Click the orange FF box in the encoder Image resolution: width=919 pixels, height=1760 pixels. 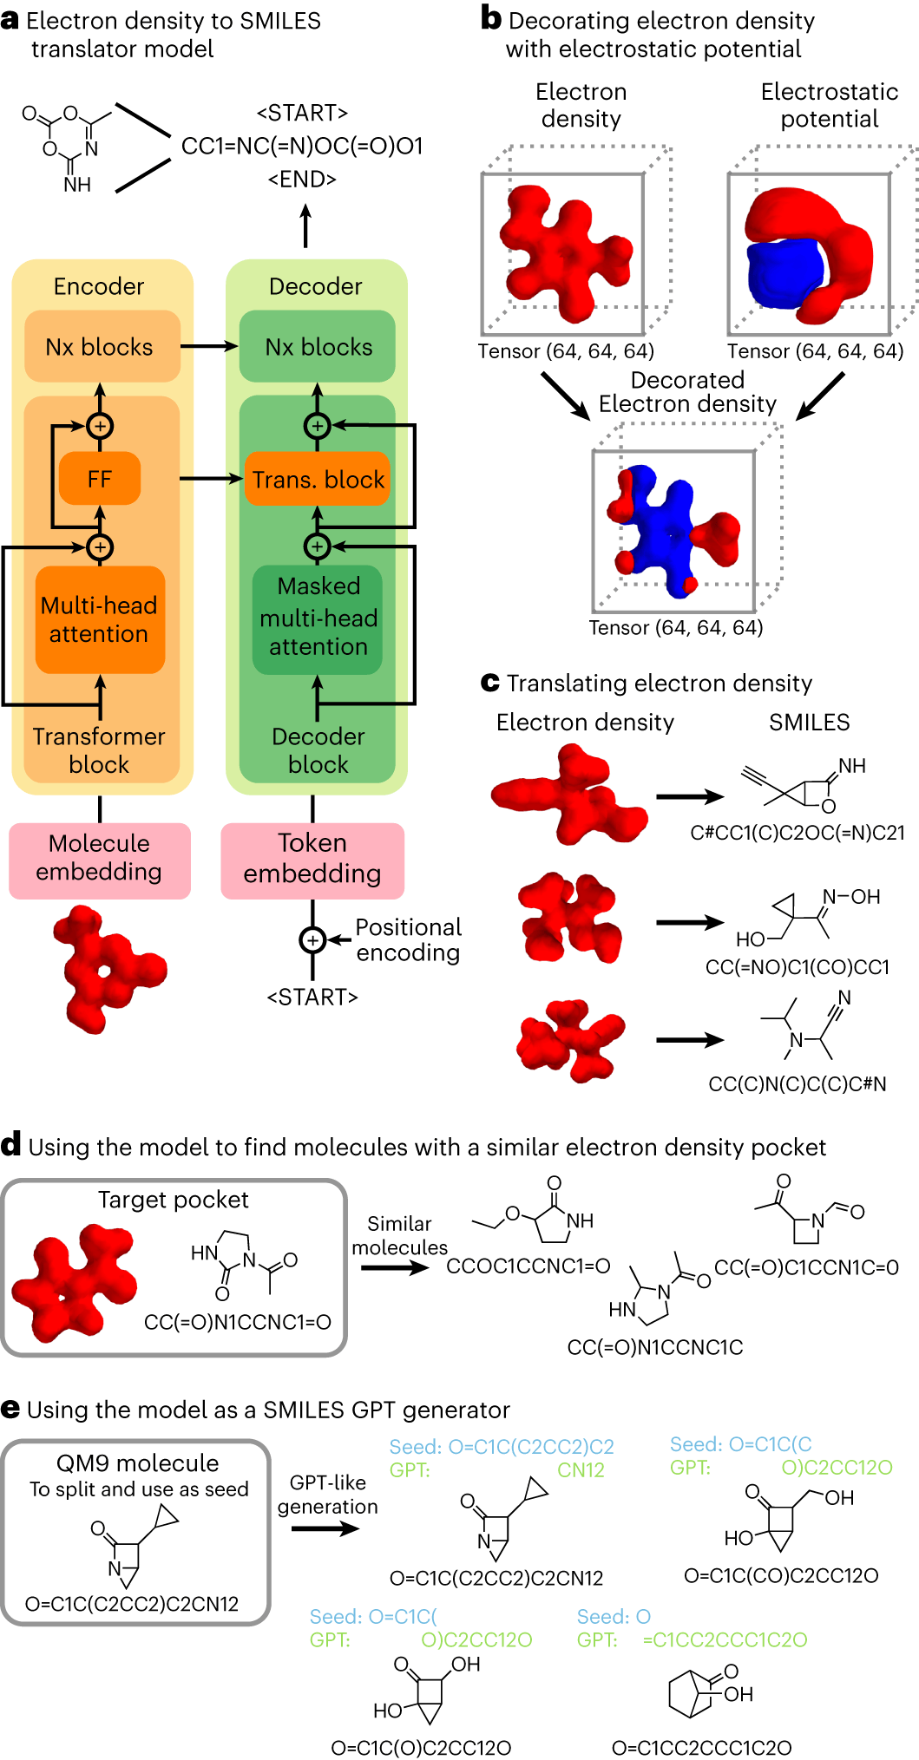pyautogui.click(x=100, y=478)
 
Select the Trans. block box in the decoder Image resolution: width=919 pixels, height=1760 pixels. pyautogui.click(x=318, y=479)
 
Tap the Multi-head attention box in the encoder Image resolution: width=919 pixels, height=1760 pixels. pyautogui.click(x=100, y=619)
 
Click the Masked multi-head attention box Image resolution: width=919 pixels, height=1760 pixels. pyautogui.click(x=318, y=617)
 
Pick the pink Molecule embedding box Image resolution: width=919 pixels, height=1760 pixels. pyautogui.click(x=100, y=858)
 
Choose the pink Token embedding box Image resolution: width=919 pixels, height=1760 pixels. pyautogui.click(x=312, y=858)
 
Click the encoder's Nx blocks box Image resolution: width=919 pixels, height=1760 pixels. pyautogui.click(x=100, y=347)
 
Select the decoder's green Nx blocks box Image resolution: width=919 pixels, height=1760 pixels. pyautogui.click(x=318, y=347)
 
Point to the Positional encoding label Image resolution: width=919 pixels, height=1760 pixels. pyautogui.click(x=408, y=939)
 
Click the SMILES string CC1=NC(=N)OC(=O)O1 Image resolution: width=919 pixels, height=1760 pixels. pyautogui.click(x=302, y=146)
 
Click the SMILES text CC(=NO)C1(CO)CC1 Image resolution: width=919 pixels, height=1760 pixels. pyautogui.click(x=798, y=966)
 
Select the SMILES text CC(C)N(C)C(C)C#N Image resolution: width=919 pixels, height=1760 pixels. pyautogui.click(x=798, y=1083)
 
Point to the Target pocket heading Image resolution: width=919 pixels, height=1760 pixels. pyautogui.click(x=174, y=1200)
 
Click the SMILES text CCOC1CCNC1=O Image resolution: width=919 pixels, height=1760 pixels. pyautogui.click(x=528, y=1266)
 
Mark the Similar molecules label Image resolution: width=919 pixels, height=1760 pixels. pyautogui.click(x=399, y=1235)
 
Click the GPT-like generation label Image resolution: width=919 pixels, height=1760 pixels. pyautogui.click(x=328, y=1494)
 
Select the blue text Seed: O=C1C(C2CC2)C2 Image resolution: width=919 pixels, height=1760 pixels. pyautogui.click(x=502, y=1447)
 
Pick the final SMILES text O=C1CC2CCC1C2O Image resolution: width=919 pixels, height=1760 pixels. pyautogui.click(x=701, y=1748)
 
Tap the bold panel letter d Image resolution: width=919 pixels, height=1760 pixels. pyautogui.click(x=11, y=1145)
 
